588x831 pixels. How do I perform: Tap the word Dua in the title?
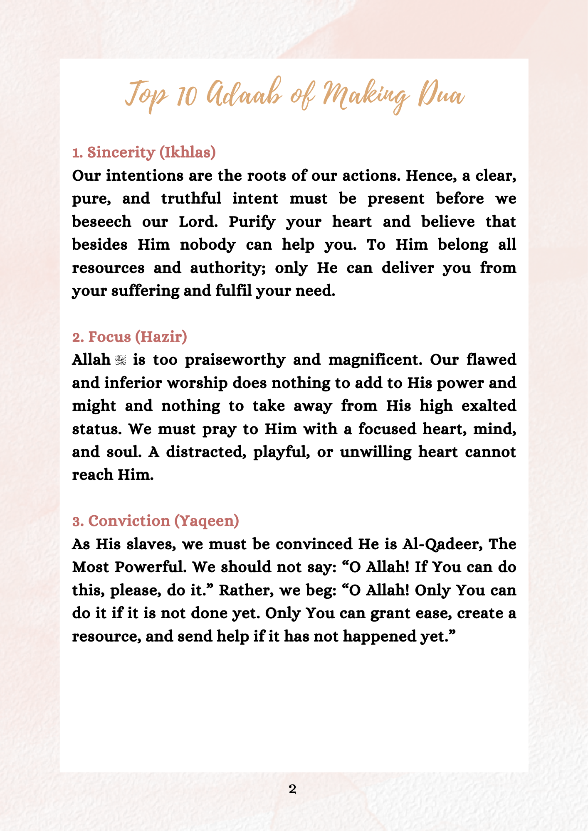point(442,95)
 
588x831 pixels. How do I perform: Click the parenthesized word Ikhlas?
point(188,152)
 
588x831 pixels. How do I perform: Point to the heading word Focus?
point(110,337)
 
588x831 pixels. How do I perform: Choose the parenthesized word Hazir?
point(161,337)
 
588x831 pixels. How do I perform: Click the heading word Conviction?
point(129,521)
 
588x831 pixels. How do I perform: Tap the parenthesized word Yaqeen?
point(206,521)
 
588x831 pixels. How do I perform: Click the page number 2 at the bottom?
point(292,789)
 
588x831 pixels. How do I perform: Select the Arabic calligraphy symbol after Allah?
point(121,360)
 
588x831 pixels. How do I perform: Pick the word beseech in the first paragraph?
point(101,221)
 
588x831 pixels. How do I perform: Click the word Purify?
point(252,221)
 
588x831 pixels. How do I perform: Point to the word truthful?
point(191,198)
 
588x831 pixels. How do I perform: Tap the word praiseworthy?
point(235,360)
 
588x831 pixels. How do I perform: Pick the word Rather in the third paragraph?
point(246,590)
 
